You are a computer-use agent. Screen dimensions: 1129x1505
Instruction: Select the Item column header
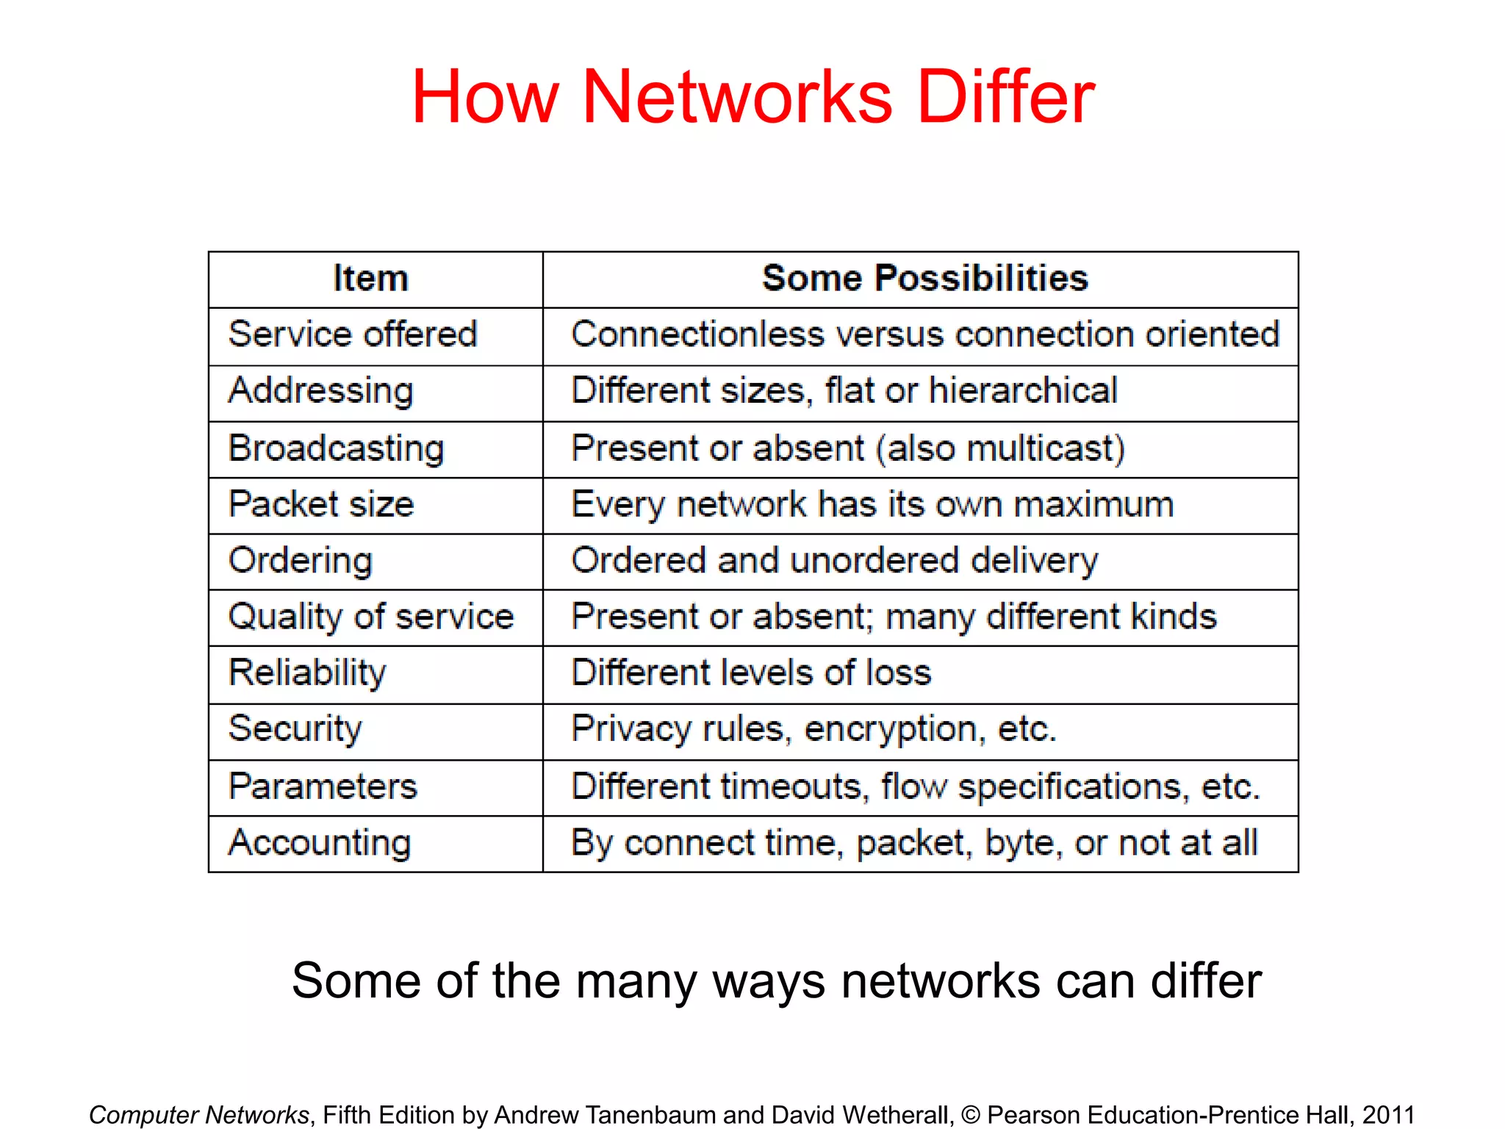370,279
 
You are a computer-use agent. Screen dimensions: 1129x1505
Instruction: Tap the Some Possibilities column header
924,279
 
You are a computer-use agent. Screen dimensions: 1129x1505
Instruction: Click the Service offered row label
353,334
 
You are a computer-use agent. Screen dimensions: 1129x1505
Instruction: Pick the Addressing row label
321,390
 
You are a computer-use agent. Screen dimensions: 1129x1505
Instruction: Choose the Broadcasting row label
337,448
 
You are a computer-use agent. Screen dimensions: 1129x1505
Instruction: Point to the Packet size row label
321,504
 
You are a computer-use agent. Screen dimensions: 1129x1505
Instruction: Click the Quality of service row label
371,616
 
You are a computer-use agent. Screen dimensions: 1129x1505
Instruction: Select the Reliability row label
307,673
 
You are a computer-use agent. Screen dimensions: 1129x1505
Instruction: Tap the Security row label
295,728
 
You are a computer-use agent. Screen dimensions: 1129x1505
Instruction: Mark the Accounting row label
320,842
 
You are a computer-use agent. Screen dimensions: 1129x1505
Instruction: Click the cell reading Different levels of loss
751,673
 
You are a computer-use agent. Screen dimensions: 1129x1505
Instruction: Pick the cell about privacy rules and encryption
813,728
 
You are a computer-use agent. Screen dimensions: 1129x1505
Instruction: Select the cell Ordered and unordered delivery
834,560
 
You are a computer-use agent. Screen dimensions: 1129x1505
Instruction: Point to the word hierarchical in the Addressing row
1023,390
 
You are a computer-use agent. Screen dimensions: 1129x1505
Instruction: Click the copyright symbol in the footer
970,1114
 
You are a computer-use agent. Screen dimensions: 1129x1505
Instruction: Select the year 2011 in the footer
1388,1114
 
